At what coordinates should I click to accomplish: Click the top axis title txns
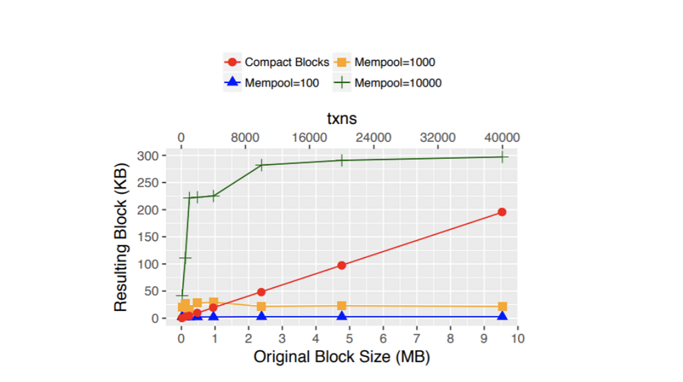pos(341,119)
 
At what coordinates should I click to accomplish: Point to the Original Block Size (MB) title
pos(341,357)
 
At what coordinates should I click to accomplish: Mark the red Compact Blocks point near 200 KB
pos(502,212)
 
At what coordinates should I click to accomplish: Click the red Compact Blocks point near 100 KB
pos(341,265)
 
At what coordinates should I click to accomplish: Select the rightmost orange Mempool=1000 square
pos(502,306)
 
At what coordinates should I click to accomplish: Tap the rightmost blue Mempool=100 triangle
pos(502,316)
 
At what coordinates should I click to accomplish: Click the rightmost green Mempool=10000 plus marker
pos(502,157)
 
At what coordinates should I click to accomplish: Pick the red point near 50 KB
pos(261,292)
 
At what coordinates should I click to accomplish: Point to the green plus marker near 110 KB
pos(185,258)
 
